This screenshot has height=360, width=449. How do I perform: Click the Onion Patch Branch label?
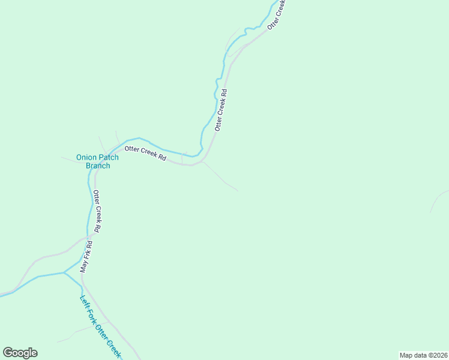pos(97,161)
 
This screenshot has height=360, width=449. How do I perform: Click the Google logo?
pos(20,353)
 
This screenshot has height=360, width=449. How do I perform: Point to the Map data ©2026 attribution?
pos(423,355)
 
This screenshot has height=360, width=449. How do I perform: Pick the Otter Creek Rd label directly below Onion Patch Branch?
pos(96,212)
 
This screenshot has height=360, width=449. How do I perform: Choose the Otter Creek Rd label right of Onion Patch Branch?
pos(145,152)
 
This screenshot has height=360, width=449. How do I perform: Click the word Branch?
pos(97,166)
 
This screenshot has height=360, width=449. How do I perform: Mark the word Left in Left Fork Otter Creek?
pos(85,303)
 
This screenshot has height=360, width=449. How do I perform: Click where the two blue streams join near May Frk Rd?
pos(64,273)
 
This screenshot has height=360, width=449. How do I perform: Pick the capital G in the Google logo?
pos(8,353)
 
